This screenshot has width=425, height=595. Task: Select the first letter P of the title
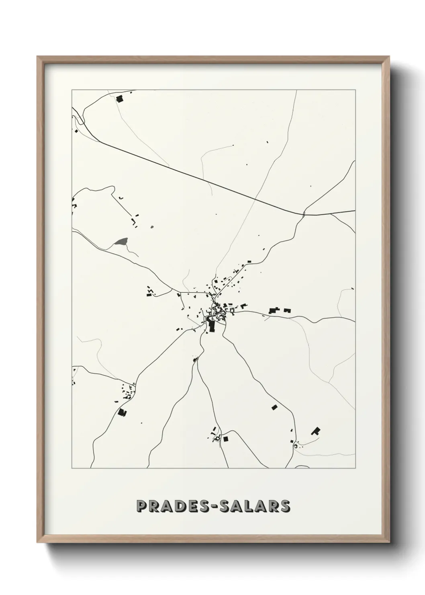[141, 506]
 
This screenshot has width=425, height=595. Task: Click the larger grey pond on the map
[121, 242]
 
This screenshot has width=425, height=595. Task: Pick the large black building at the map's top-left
[119, 98]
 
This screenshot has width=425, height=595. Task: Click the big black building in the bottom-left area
[121, 412]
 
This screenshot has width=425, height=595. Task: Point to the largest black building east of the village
[275, 310]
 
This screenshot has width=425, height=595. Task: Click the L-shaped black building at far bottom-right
[316, 431]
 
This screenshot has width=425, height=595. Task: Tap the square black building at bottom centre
[225, 439]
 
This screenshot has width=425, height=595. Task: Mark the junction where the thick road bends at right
[304, 214]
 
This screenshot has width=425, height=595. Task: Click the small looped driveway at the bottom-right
[297, 445]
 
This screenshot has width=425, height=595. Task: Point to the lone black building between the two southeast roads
[274, 407]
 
